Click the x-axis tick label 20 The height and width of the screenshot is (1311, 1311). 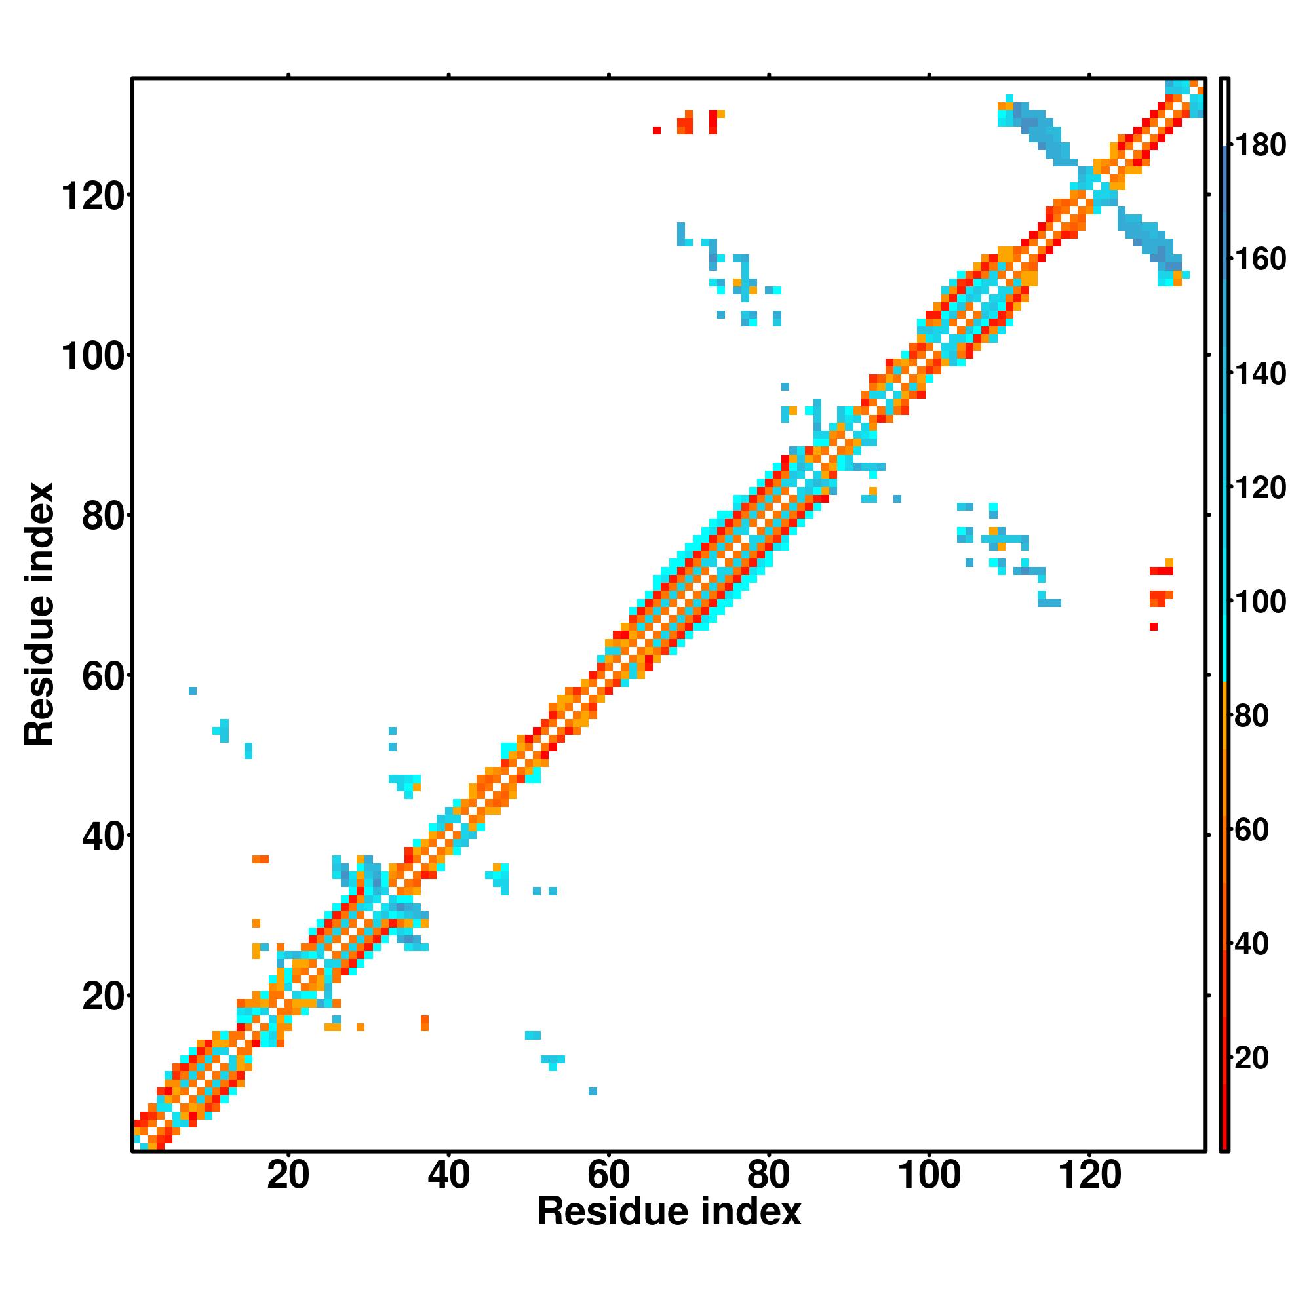pos(288,1175)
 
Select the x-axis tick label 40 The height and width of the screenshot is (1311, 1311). pos(448,1175)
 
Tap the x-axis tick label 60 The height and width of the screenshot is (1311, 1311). pos(609,1175)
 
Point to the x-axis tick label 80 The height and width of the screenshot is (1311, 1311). pos(769,1175)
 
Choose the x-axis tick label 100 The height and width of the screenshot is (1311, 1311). pos(929,1175)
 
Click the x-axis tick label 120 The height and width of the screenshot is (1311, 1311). pos(1089,1175)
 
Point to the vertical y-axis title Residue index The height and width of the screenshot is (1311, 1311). pos(39,614)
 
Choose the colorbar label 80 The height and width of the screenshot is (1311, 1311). pos(1251,716)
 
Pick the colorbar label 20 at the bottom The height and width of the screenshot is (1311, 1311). pos(1251,1058)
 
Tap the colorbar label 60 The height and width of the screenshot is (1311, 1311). pos(1251,830)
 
